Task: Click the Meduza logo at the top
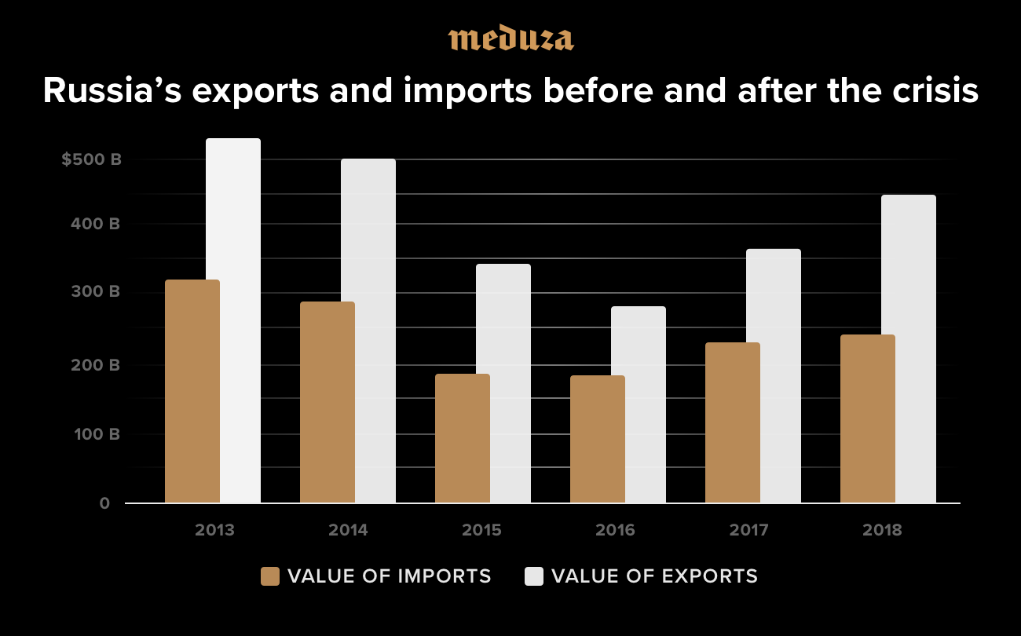click(x=510, y=38)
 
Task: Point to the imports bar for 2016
click(x=598, y=439)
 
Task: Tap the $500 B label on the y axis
click(x=92, y=159)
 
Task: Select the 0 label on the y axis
click(x=104, y=503)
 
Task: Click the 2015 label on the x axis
click(x=481, y=530)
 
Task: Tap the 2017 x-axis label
click(x=748, y=530)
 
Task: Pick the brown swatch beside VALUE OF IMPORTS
click(x=270, y=576)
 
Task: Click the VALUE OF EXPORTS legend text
click(x=654, y=576)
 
